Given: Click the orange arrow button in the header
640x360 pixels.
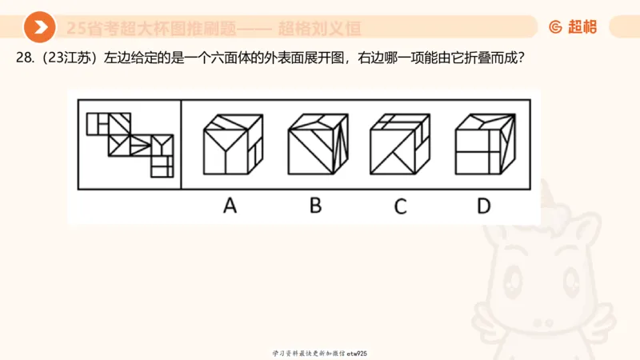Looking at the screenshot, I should (39, 28).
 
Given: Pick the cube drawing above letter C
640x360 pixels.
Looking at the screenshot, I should (400, 144).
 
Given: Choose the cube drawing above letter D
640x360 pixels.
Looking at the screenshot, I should (483, 144).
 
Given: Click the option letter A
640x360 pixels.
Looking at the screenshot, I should (230, 206).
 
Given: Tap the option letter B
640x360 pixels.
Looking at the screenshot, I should (316, 206).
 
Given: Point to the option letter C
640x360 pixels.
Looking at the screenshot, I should (400, 206).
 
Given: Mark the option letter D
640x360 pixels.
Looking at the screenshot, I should (483, 206).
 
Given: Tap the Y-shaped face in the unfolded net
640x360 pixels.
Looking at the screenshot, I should (162, 145).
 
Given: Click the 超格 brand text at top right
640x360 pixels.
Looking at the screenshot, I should (582, 27).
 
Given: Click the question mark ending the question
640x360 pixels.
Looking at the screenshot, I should (520, 58).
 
